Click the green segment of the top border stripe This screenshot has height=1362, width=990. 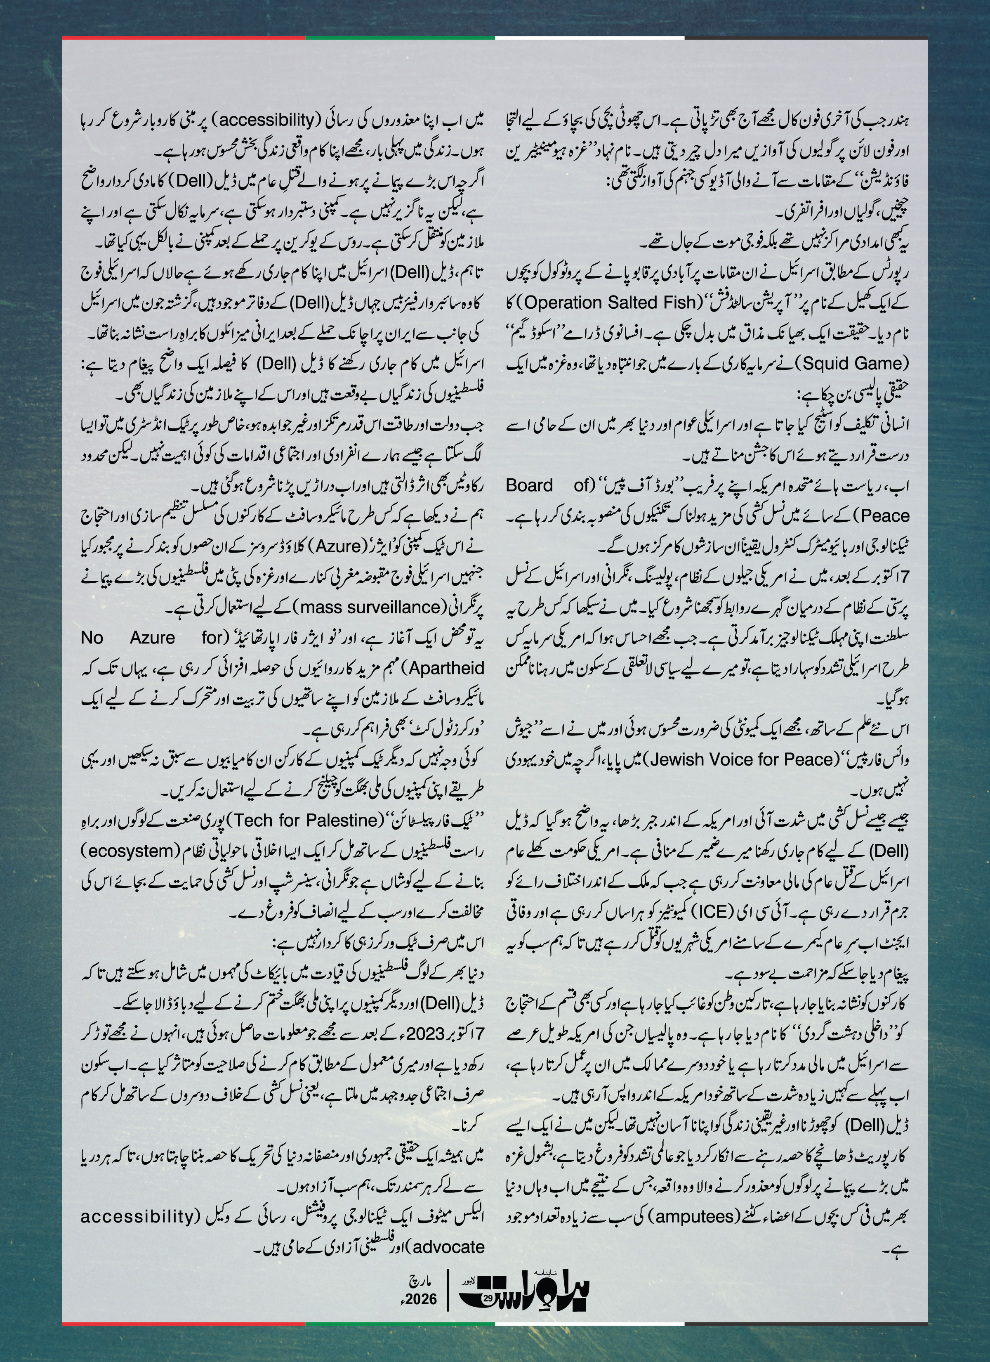pyautogui.click(x=400, y=38)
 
